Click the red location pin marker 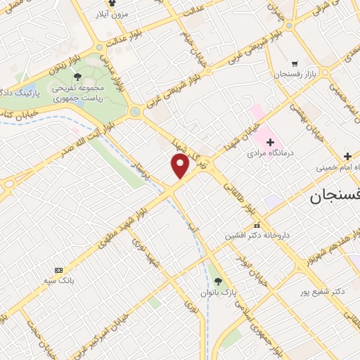(x=181, y=166)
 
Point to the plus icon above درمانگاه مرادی (x=270, y=141)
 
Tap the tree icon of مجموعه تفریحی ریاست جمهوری (x=77, y=76)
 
